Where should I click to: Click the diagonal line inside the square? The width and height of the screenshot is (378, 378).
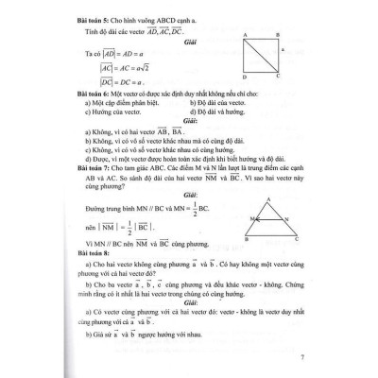coord(265,55)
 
